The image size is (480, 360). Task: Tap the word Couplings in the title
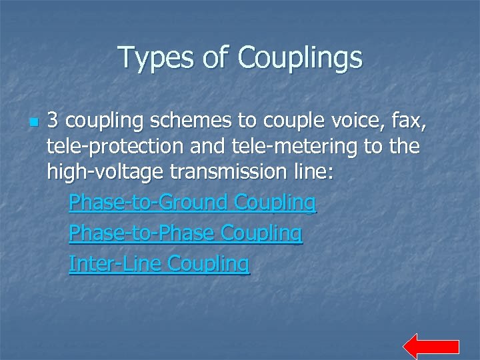pos(300,58)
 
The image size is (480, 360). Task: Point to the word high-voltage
pos(104,172)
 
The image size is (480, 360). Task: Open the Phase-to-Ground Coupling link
pos(193,201)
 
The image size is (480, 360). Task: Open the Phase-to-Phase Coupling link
pos(186,233)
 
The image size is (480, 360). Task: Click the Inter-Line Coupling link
pos(159,264)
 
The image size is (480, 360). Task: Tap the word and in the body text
pos(207,147)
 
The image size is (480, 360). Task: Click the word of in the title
pos(216,58)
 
